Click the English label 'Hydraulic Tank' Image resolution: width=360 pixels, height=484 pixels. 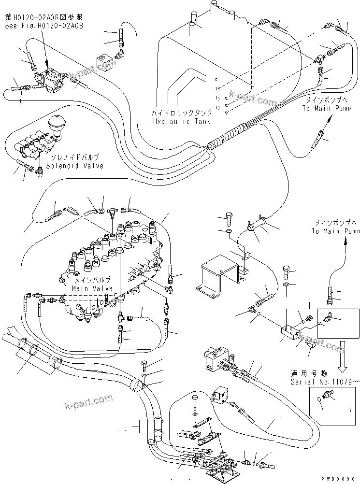pos(182,121)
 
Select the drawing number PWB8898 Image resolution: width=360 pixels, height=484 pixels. pos(342,478)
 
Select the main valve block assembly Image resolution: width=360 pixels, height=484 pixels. pos(111,270)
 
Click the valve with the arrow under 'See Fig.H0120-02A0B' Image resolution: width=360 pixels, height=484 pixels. pos(51,80)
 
